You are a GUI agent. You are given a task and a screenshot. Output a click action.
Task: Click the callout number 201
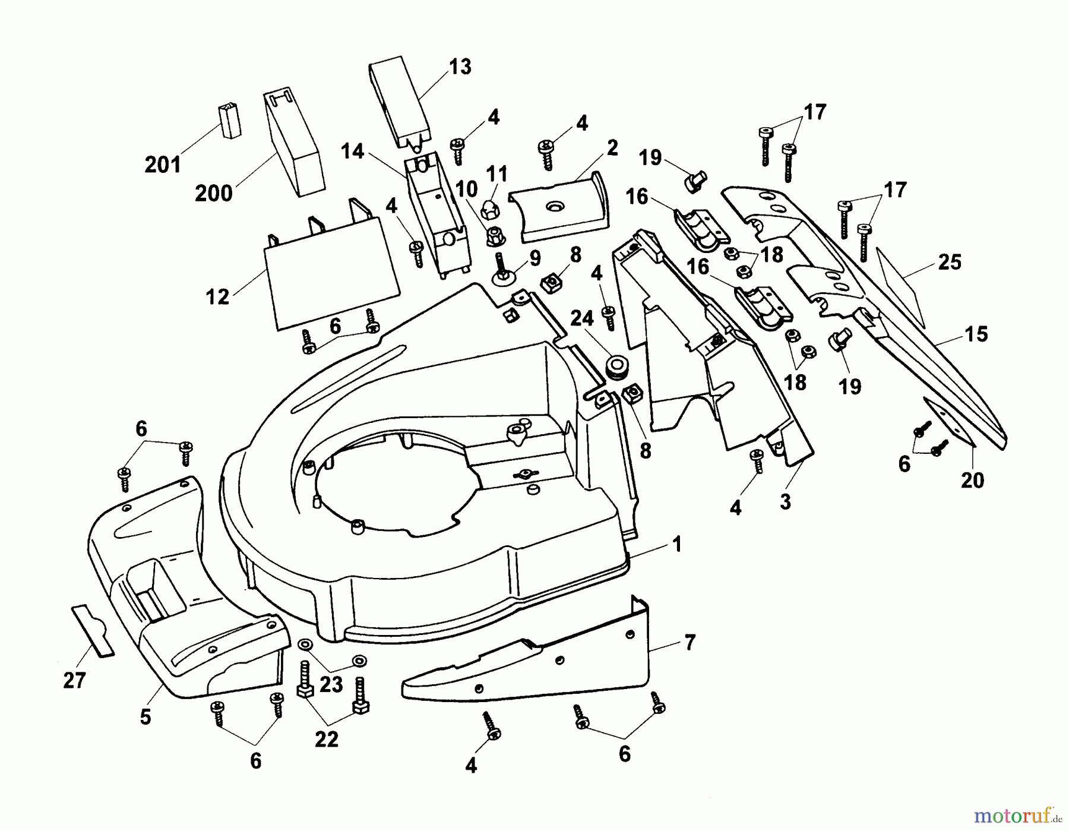click(x=163, y=165)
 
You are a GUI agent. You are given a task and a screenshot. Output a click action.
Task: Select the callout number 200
click(x=214, y=193)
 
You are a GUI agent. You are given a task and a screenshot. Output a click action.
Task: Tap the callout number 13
click(x=460, y=67)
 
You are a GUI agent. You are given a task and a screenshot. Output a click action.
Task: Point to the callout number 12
click(x=217, y=297)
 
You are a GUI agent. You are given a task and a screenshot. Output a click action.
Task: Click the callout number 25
click(x=949, y=263)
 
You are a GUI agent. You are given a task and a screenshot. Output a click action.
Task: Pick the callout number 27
click(x=75, y=681)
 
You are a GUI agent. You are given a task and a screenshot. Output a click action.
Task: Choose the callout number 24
click(x=582, y=319)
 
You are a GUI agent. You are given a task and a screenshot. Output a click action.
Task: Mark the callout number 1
click(x=676, y=545)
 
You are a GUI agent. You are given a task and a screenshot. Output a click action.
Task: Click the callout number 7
click(x=690, y=642)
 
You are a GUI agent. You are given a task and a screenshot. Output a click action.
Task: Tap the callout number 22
click(x=327, y=739)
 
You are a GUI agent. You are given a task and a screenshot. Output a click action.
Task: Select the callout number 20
click(x=973, y=480)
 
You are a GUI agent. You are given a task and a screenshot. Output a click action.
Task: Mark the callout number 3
click(x=786, y=502)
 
